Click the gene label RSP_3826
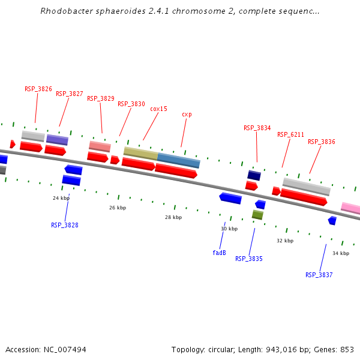click(x=38, y=89)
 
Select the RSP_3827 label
click(x=69, y=94)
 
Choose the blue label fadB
click(x=219, y=253)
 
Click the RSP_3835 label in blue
click(x=248, y=259)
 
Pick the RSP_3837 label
click(x=319, y=275)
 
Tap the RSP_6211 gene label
click(x=290, y=134)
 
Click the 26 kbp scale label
click(x=118, y=208)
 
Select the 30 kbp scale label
click(x=229, y=229)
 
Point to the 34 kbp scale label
click(x=341, y=253)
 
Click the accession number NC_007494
click(x=63, y=349)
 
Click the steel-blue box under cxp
click(x=178, y=161)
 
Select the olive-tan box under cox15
click(x=140, y=153)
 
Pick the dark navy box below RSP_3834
click(x=254, y=175)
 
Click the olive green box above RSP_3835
click(x=257, y=214)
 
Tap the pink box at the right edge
click(x=351, y=208)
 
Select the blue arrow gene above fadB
click(x=230, y=197)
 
